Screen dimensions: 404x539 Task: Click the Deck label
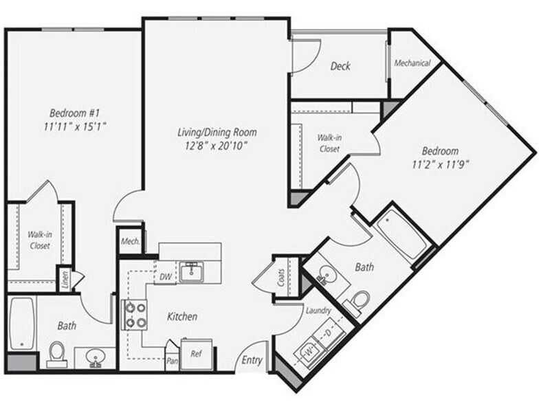pyautogui.click(x=340, y=66)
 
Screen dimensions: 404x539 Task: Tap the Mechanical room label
pyautogui.click(x=412, y=63)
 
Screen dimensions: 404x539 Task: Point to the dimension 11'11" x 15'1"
pyautogui.click(x=76, y=126)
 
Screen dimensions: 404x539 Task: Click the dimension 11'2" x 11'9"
pyautogui.click(x=441, y=164)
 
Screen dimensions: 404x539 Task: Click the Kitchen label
pyautogui.click(x=183, y=317)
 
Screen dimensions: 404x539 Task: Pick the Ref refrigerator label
pyautogui.click(x=196, y=355)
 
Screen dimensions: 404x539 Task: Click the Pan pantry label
pyautogui.click(x=172, y=359)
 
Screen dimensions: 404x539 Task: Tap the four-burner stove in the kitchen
pyautogui.click(x=134, y=315)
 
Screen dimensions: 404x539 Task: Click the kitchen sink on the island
pyautogui.click(x=191, y=272)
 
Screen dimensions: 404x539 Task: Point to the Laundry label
pyautogui.click(x=318, y=311)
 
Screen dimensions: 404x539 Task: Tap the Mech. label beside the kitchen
pyautogui.click(x=130, y=241)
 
